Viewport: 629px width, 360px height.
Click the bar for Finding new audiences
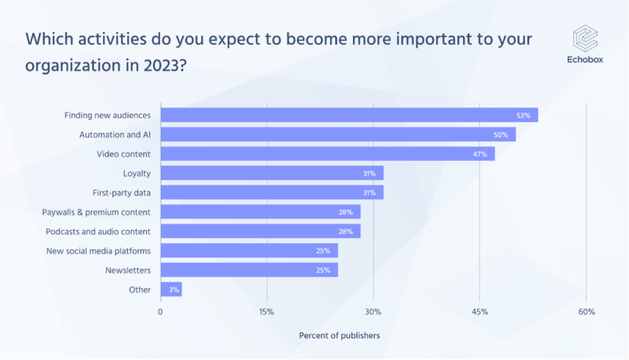(349, 115)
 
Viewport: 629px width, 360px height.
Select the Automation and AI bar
(338, 134)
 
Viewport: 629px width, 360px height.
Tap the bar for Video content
(328, 154)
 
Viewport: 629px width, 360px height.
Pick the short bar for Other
(171, 289)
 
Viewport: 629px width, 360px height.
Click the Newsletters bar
(250, 270)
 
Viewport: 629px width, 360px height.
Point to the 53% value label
(524, 115)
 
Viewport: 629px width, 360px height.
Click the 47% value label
(480, 154)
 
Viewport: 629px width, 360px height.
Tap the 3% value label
(171, 289)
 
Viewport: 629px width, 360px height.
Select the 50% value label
(502, 134)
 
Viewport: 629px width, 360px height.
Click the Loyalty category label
(137, 173)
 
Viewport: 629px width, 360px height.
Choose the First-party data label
(122, 192)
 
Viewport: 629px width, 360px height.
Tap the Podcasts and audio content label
(98, 231)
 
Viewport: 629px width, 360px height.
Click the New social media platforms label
(99, 251)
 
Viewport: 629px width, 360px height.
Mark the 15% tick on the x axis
(266, 312)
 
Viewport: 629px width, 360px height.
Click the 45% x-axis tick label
(479, 312)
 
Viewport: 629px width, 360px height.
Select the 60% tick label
(586, 312)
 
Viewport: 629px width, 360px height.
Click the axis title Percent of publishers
(340, 336)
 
